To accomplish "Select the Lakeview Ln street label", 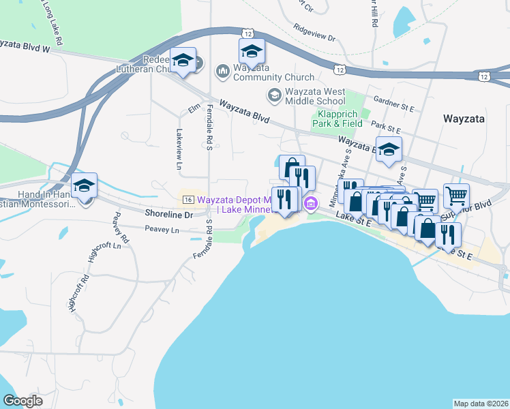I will click(179, 149).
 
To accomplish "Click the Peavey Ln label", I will click(162, 231).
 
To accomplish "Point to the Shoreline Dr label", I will click(170, 214).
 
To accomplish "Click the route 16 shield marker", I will click(188, 199).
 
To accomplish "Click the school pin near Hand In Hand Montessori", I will click(85, 185).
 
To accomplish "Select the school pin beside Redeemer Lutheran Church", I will click(183, 60).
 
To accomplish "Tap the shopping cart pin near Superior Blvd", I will click(456, 196).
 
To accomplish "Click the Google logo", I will click(23, 401).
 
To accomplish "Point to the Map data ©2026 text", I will click(480, 403).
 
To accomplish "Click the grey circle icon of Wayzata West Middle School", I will click(274, 95).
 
